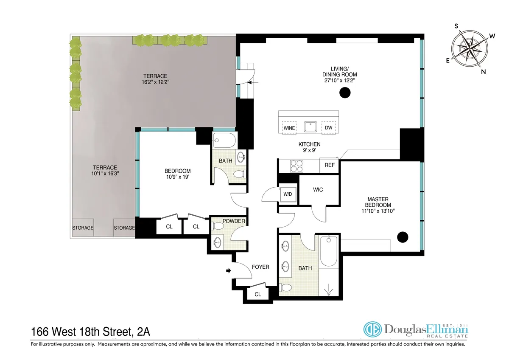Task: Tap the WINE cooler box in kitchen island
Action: (x=289, y=127)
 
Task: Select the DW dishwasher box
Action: (x=329, y=127)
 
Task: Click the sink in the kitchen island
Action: (x=309, y=127)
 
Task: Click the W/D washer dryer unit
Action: (x=288, y=194)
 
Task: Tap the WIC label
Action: (x=318, y=189)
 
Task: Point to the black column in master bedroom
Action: (x=402, y=237)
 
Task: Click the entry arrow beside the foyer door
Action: (x=229, y=270)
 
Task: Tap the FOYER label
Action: (x=260, y=267)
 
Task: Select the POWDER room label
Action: (x=233, y=221)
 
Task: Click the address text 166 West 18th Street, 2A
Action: (x=95, y=330)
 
